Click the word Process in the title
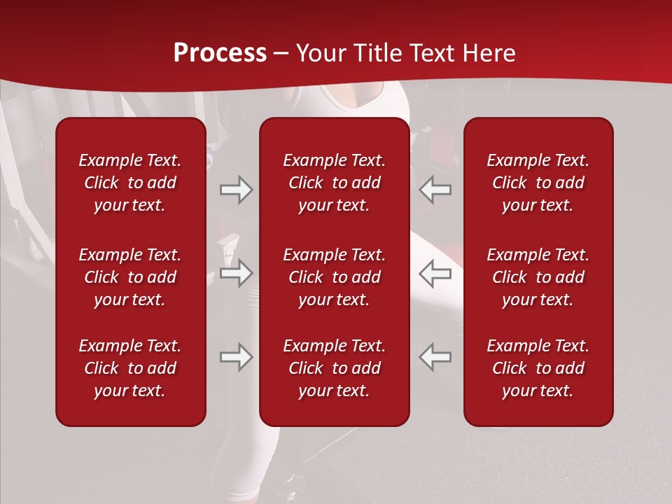pos(220,53)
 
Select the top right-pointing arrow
pos(237,190)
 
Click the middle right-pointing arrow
pos(237,273)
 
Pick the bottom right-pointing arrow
pos(237,356)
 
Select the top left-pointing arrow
pos(435,190)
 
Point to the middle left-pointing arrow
pos(435,273)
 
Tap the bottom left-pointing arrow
pos(435,356)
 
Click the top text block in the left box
pos(130,183)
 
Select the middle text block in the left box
pos(130,277)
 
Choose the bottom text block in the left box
pos(130,368)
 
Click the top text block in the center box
pos(335,183)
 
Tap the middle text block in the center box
pos(335,277)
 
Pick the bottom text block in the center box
pos(335,368)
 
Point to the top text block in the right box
pos(538,183)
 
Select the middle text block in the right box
pos(538,277)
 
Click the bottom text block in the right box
pos(538,368)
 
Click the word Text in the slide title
pos(428,53)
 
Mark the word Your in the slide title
pos(319,53)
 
